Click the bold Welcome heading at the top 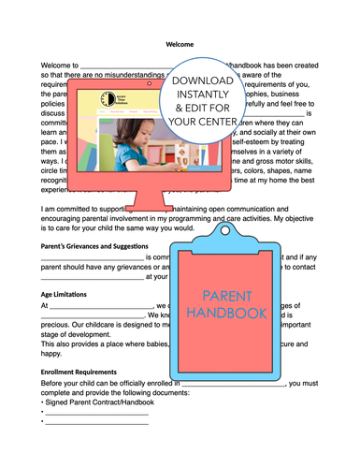(x=180, y=44)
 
